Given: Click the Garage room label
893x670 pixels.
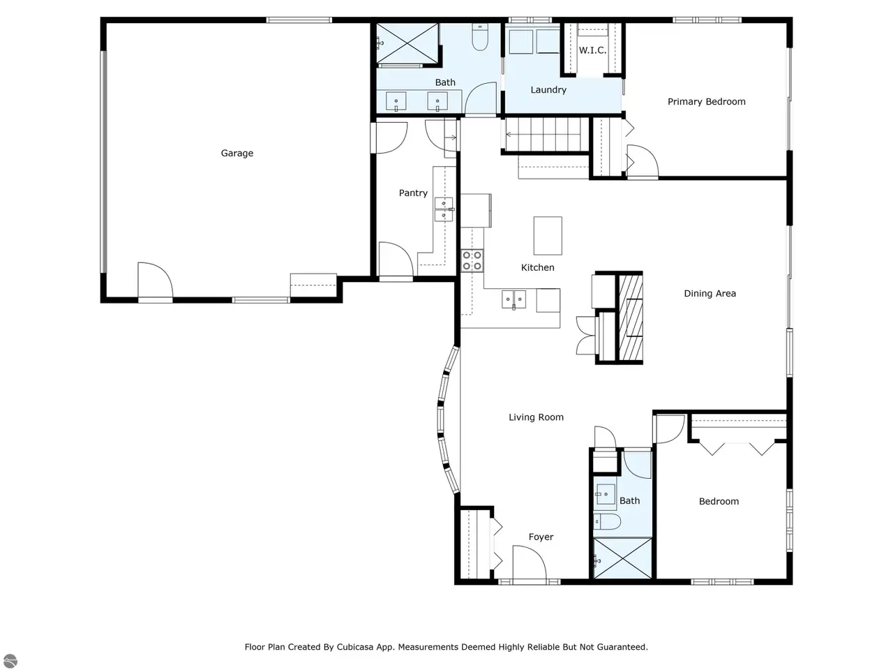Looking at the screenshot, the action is [237, 154].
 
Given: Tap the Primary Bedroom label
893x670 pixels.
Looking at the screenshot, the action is [706, 102].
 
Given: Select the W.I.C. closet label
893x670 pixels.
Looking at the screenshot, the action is [592, 50].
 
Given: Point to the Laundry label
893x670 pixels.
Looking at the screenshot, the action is [548, 90].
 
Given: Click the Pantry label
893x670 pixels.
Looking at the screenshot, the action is [413, 193].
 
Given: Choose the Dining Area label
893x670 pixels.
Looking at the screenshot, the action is [710, 294].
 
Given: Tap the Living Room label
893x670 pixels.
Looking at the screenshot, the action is [536, 417].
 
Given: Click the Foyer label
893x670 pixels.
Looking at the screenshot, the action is [541, 537].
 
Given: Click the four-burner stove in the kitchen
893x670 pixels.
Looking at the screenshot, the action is [472, 261].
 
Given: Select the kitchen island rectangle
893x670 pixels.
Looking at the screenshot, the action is [548, 236].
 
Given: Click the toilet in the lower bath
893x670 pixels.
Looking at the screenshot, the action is [606, 521].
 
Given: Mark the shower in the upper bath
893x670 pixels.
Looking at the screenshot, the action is [407, 43].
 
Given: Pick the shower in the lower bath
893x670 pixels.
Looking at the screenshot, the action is [622, 558].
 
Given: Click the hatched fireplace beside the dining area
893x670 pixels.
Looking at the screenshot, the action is [631, 318].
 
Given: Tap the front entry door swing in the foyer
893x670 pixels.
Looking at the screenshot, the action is [530, 563].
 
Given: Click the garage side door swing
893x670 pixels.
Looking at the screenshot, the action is [155, 280].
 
